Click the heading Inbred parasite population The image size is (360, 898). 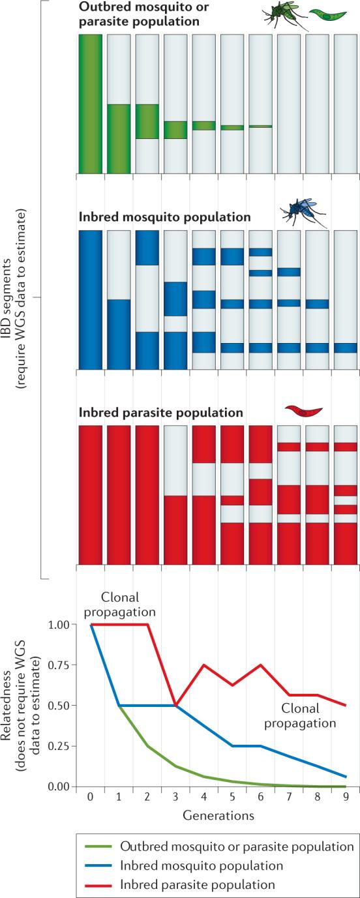(x=161, y=413)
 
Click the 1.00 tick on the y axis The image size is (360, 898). (x=63, y=625)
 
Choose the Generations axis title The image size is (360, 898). (x=218, y=815)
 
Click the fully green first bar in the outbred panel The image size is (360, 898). (x=90, y=104)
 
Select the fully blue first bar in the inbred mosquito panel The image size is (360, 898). (x=90, y=301)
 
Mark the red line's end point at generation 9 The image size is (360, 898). (x=345, y=705)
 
